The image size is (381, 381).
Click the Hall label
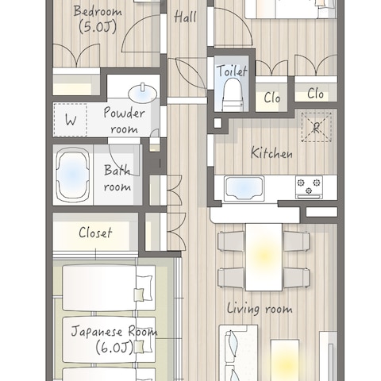pyautogui.click(x=185, y=17)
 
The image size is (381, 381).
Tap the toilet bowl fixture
pyautogui.click(x=233, y=94)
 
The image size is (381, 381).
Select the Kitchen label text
pyautogui.click(x=271, y=152)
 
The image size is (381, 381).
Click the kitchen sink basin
pyautogui.click(x=244, y=188)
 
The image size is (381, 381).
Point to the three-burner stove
pyautogui.click(x=309, y=187)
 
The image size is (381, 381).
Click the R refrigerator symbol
pyautogui.click(x=317, y=127)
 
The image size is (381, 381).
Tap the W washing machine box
pyautogui.click(x=71, y=120)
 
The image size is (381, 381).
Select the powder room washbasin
pyautogui.click(x=142, y=93)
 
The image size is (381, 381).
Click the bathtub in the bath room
pyautogui.click(x=73, y=175)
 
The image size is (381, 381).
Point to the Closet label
pyautogui.click(x=95, y=233)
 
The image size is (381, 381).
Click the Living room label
pyautogui.click(x=260, y=309)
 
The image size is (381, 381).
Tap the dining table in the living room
pyautogui.click(x=264, y=257)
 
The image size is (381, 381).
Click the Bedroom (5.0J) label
pyautogui.click(x=98, y=19)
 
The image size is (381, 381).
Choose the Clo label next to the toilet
pyautogui.click(x=272, y=98)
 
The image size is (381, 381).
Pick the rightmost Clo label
pyautogui.click(x=315, y=94)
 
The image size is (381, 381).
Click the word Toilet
pyautogui.click(x=232, y=71)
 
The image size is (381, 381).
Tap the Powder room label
pyautogui.click(x=124, y=120)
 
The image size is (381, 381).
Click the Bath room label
pyautogui.click(x=117, y=178)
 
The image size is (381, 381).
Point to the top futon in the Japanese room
pyautogui.click(x=109, y=288)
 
